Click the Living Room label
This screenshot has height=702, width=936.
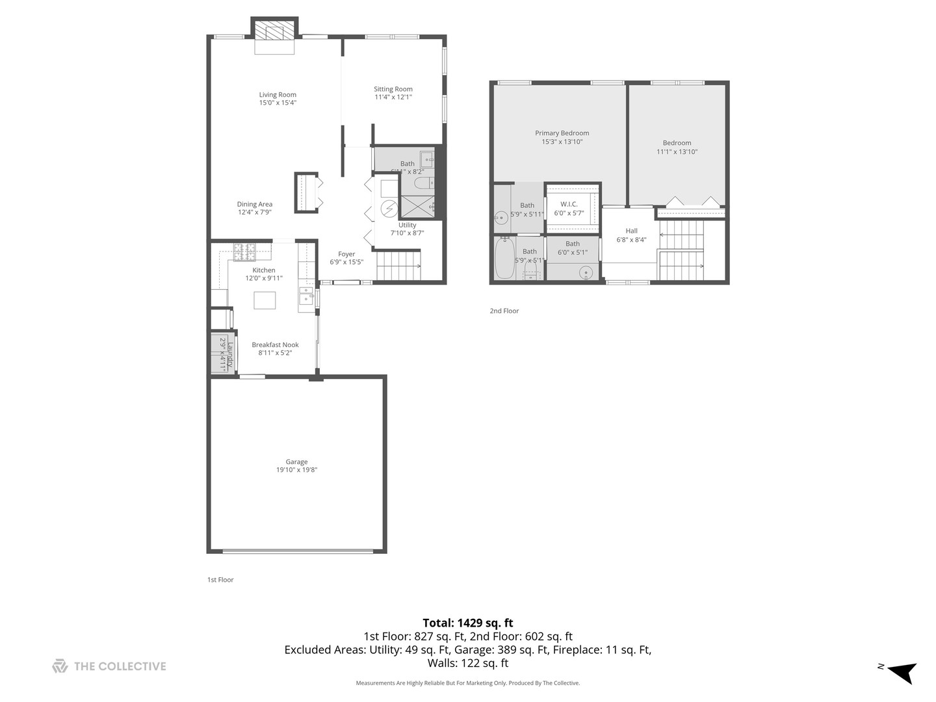point(278,95)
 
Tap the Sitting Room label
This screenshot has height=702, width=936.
point(393,89)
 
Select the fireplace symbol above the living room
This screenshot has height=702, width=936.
point(274,31)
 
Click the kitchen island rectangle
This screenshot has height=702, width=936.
point(265,300)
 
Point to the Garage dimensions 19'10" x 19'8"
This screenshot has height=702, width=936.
point(296,470)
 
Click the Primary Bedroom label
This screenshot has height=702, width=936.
point(562,133)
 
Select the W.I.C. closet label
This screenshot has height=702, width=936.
point(569,204)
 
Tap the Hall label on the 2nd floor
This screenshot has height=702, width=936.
point(631,231)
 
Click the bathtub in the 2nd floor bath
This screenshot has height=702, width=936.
point(504,259)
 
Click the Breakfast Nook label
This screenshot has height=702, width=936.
point(275,345)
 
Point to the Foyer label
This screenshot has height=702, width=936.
point(346,254)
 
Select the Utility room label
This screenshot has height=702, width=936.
point(407,225)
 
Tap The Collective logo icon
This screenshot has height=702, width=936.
point(60,666)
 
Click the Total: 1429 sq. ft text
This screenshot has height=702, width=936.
point(467,623)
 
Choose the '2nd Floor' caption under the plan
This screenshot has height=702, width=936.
point(504,311)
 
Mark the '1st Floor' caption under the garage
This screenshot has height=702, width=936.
point(220,580)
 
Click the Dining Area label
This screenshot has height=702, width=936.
point(254,204)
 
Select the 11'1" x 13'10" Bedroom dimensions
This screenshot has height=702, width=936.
point(677,151)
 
